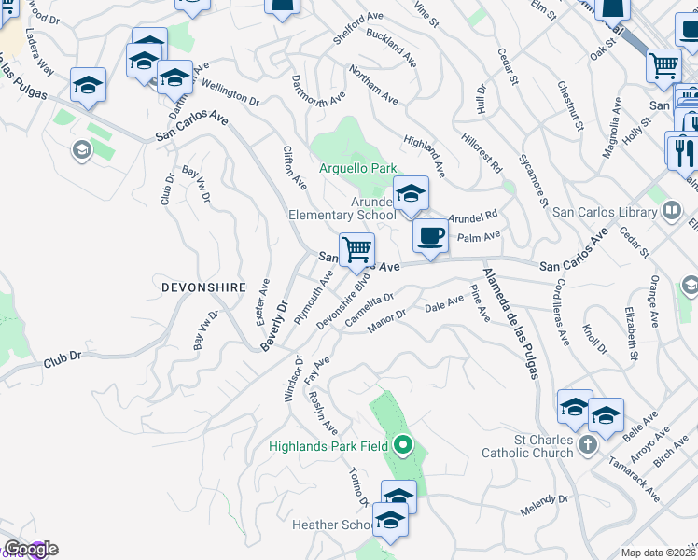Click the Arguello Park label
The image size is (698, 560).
[x=358, y=168]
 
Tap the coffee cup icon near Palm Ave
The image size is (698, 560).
[x=429, y=235]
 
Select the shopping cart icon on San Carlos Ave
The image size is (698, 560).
[x=356, y=249]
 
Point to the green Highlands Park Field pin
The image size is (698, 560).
[x=403, y=445]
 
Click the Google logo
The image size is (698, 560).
[x=30, y=549]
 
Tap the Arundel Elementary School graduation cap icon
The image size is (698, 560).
[x=410, y=193]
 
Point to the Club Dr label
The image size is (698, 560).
[x=63, y=357]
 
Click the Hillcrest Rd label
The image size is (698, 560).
[x=482, y=150]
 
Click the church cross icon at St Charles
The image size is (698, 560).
[x=588, y=443]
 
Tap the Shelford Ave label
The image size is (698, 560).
[x=358, y=29]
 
